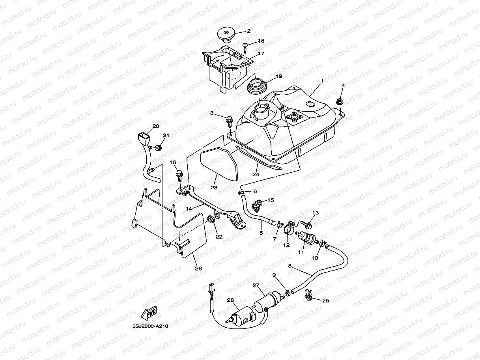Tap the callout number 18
point(261,41)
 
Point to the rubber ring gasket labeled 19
point(256,87)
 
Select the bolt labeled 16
point(179,174)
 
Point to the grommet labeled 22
point(211,219)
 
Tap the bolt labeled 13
point(306,224)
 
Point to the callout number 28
point(230,300)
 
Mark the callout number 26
point(198,269)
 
